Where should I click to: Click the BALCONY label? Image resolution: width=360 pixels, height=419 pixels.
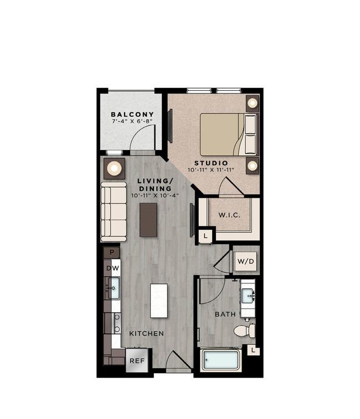point(132,115)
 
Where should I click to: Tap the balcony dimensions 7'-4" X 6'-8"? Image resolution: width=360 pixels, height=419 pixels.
point(132,121)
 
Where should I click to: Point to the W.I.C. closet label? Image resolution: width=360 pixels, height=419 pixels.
point(229,215)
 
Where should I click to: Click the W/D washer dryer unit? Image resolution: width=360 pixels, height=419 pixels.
point(245,261)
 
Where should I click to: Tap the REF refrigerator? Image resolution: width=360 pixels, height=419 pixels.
point(137,360)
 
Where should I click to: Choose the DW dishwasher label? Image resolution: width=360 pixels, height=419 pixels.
point(112,268)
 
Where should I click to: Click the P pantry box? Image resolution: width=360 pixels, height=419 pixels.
point(111,252)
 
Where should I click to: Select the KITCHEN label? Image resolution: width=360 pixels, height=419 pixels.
point(146,334)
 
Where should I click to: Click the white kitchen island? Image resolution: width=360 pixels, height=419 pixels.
point(159,301)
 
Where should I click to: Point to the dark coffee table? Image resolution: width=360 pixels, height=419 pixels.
point(148,220)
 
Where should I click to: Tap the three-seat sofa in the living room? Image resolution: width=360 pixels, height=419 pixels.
point(114,211)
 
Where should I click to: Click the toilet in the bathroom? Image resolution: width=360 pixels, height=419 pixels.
point(244,331)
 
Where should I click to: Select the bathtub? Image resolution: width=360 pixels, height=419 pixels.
point(221,360)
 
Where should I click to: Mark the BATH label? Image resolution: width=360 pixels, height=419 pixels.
point(225,314)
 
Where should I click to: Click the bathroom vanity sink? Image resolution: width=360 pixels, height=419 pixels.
point(248,296)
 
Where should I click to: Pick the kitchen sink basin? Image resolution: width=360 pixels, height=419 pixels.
point(114,288)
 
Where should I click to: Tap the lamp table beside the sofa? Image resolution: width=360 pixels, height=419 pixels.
point(114,168)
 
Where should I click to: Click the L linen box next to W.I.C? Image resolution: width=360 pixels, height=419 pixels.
point(205,236)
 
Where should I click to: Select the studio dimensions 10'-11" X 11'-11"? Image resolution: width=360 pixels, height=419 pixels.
point(211,170)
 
